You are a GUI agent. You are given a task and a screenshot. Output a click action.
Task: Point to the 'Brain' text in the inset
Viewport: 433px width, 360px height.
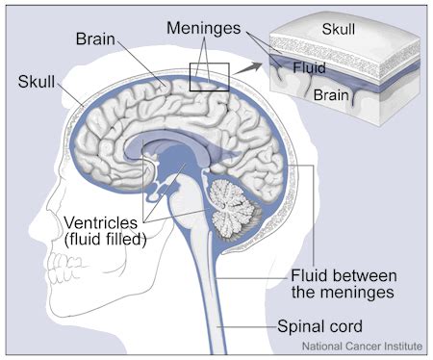(x=330, y=94)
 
